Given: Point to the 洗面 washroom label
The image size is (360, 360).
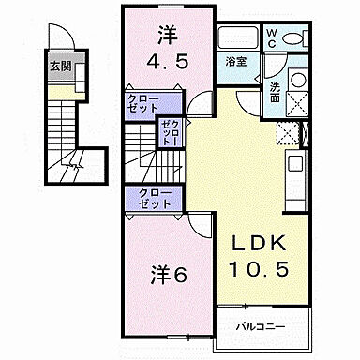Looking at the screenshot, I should pyautogui.click(x=276, y=91).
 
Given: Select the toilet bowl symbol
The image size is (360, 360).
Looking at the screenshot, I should pyautogui.click(x=296, y=38).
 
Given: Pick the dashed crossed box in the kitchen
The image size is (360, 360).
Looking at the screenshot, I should pyautogui.click(x=286, y=133).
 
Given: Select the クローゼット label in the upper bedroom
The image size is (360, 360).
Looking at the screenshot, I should pyautogui.click(x=143, y=102).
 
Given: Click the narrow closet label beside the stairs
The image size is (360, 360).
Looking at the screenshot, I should pyautogui.click(x=171, y=132).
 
